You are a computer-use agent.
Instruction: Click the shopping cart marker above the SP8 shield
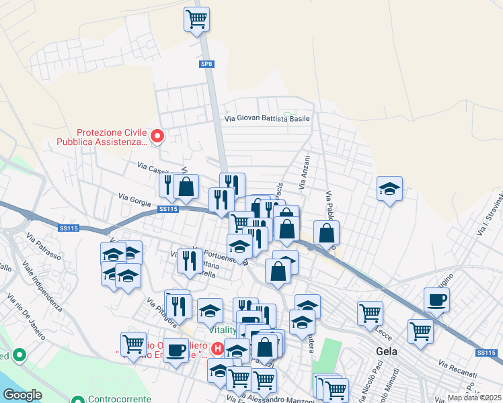coord(196,19)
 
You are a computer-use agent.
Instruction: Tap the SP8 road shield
coord(206,64)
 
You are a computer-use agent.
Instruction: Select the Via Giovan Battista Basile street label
coord(267,118)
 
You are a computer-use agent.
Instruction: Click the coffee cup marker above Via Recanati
coord(436,300)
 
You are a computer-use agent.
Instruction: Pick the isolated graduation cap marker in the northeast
coord(389,189)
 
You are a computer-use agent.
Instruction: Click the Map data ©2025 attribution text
coord(475,398)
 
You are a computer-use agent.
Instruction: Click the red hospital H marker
coord(218,349)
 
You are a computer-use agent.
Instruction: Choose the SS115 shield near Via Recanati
coord(486,353)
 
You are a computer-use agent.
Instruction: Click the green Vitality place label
coord(223,330)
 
